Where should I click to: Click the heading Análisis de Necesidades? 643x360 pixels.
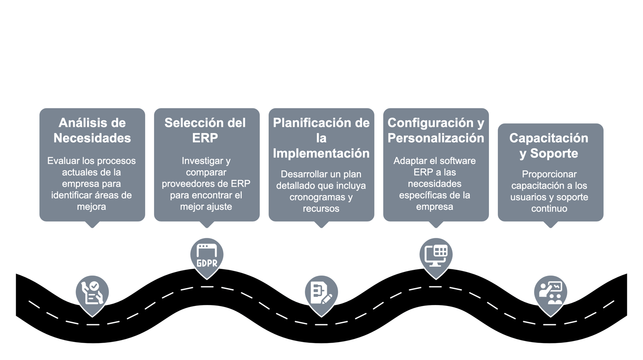coord(92,130)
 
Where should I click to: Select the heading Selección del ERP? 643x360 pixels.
coord(205,130)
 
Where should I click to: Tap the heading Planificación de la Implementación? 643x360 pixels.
coord(321,138)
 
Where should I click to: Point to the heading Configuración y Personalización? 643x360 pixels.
coord(435,130)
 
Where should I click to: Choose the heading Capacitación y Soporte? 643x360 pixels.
coord(549,146)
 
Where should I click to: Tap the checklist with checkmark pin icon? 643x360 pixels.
coord(92,292)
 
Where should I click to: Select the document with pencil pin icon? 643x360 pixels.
coord(321,292)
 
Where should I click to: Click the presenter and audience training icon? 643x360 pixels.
coord(551,292)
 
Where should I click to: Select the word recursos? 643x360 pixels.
coord(321,209)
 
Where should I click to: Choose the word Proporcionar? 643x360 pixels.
coord(549,174)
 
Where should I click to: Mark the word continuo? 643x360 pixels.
coord(549,209)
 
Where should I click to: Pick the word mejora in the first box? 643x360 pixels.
coord(92,207)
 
